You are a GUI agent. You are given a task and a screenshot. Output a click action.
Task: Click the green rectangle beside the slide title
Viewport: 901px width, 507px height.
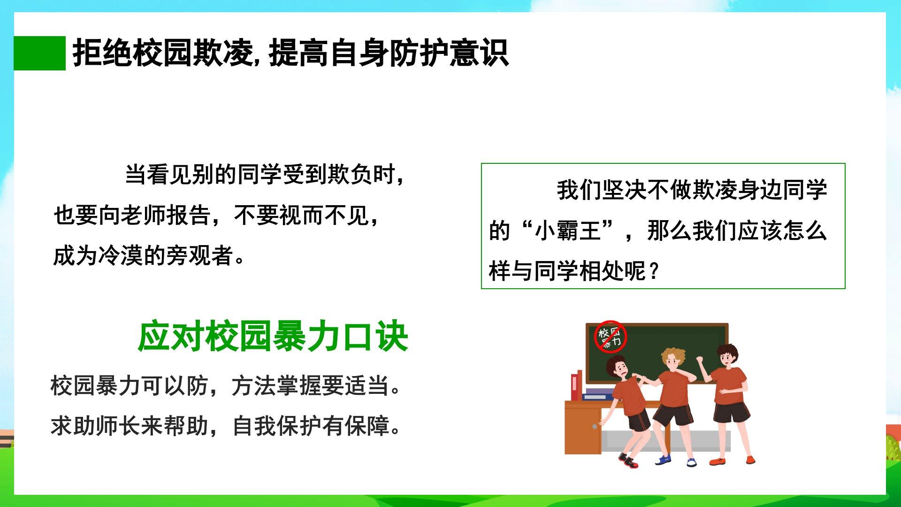tap(39, 53)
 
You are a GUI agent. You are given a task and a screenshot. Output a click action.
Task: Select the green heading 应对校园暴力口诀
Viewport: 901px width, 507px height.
tap(273, 337)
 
